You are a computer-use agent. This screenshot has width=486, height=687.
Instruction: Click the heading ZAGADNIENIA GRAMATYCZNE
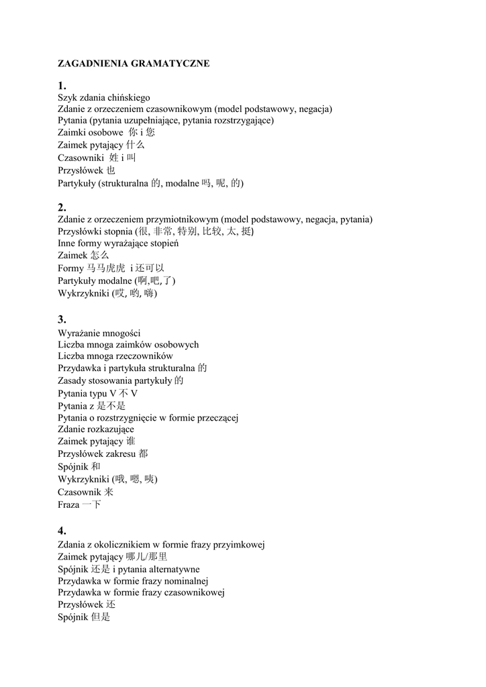pyautogui.click(x=134, y=63)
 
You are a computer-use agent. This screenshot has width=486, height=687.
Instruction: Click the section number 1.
pyautogui.click(x=62, y=86)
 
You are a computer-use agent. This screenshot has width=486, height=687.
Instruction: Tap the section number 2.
pyautogui.click(x=62, y=207)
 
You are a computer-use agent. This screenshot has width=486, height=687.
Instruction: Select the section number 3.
pyautogui.click(x=62, y=319)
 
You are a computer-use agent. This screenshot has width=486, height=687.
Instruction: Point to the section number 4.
pyautogui.click(x=62, y=531)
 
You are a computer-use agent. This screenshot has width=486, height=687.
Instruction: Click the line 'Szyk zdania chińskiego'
pyautogui.click(x=104, y=97)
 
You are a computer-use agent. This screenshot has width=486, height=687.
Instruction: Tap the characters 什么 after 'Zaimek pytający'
pyautogui.click(x=135, y=145)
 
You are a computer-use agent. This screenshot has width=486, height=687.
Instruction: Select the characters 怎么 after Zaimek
pyautogui.click(x=99, y=256)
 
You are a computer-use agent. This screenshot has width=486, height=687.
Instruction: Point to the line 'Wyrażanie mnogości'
pyautogui.click(x=99, y=333)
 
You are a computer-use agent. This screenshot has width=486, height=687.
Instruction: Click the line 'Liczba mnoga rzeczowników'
pyautogui.click(x=115, y=356)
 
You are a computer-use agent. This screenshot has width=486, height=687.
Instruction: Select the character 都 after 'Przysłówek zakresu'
pyautogui.click(x=144, y=454)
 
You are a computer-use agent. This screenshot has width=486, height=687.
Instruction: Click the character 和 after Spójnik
pyautogui.click(x=96, y=466)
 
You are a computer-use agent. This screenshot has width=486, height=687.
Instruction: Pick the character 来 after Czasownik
pyautogui.click(x=109, y=492)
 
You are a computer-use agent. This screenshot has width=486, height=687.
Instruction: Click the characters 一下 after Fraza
pyautogui.click(x=91, y=504)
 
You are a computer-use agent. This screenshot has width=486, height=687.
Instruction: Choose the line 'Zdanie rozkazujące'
pyautogui.click(x=96, y=429)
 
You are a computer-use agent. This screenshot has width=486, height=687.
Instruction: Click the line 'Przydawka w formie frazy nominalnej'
pyautogui.click(x=134, y=581)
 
